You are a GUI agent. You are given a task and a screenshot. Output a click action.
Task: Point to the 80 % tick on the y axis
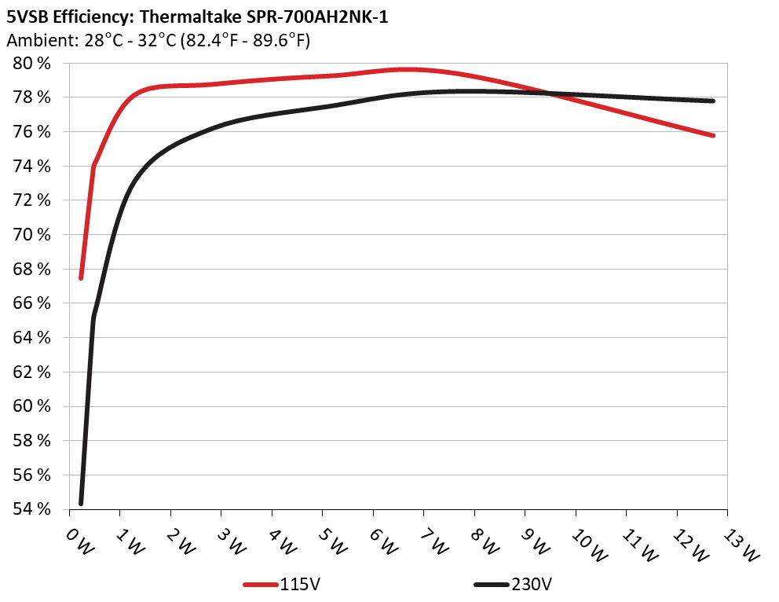click(x=33, y=63)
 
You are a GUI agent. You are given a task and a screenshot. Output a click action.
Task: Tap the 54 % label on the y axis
click(x=33, y=509)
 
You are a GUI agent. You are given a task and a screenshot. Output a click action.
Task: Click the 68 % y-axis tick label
click(x=33, y=269)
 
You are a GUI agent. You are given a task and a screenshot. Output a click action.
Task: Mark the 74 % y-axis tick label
click(x=33, y=166)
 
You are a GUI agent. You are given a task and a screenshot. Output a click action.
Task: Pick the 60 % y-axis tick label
click(x=33, y=406)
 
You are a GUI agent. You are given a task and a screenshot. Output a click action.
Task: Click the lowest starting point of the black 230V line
click(x=81, y=503)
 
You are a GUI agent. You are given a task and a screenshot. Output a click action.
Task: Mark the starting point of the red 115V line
click(x=81, y=277)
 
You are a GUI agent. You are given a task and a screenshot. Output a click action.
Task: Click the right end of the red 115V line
click(x=712, y=135)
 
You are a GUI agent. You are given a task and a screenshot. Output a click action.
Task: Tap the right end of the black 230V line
click(x=712, y=101)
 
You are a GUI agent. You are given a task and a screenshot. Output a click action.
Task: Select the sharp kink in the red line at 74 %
click(x=94, y=166)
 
